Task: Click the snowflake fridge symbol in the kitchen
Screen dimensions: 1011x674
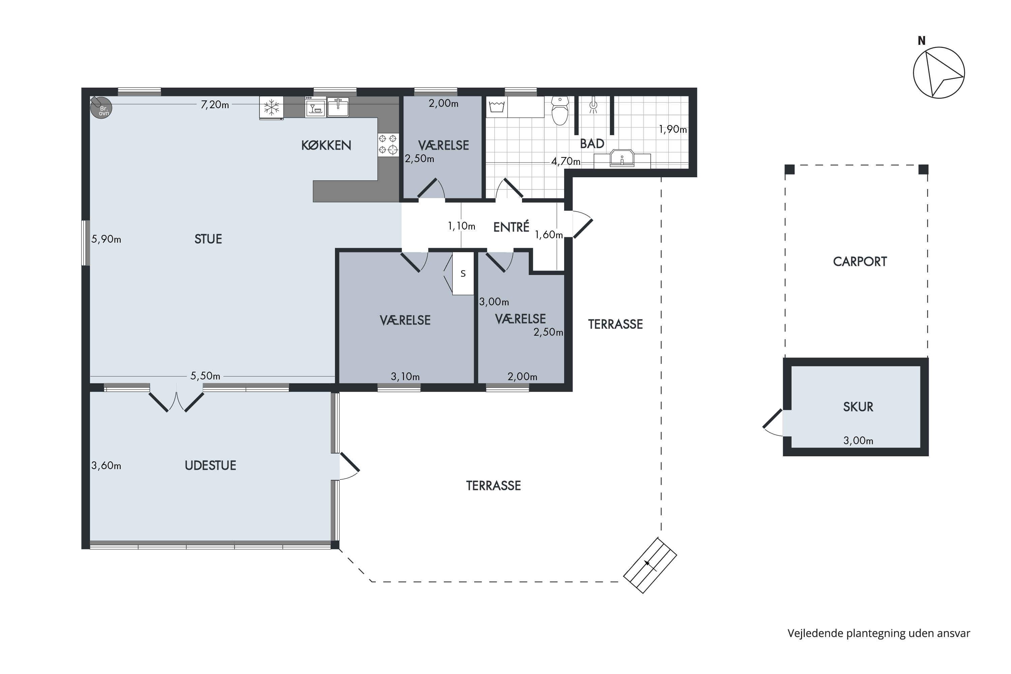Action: pyautogui.click(x=271, y=108)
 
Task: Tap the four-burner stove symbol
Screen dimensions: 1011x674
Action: pyautogui.click(x=388, y=145)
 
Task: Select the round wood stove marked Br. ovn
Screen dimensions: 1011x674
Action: pyautogui.click(x=101, y=108)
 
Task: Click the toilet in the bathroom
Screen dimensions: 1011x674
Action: pyautogui.click(x=560, y=111)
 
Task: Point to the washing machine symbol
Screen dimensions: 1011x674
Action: pyautogui.click(x=497, y=107)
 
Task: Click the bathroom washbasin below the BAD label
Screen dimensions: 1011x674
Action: pyautogui.click(x=622, y=158)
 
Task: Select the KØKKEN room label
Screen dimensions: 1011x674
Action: pyautogui.click(x=326, y=145)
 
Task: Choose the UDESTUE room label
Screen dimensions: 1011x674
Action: pyautogui.click(x=210, y=465)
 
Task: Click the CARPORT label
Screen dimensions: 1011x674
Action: pyautogui.click(x=860, y=262)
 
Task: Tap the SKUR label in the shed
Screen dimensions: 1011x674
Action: pyautogui.click(x=858, y=407)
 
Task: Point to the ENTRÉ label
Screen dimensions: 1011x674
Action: pyautogui.click(x=511, y=226)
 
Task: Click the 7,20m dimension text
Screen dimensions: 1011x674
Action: pyautogui.click(x=215, y=104)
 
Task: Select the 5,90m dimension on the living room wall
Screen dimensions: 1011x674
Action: pyautogui.click(x=106, y=239)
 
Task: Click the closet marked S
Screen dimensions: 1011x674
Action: pyautogui.click(x=463, y=273)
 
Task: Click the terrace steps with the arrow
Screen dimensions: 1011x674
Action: pyautogui.click(x=650, y=565)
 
